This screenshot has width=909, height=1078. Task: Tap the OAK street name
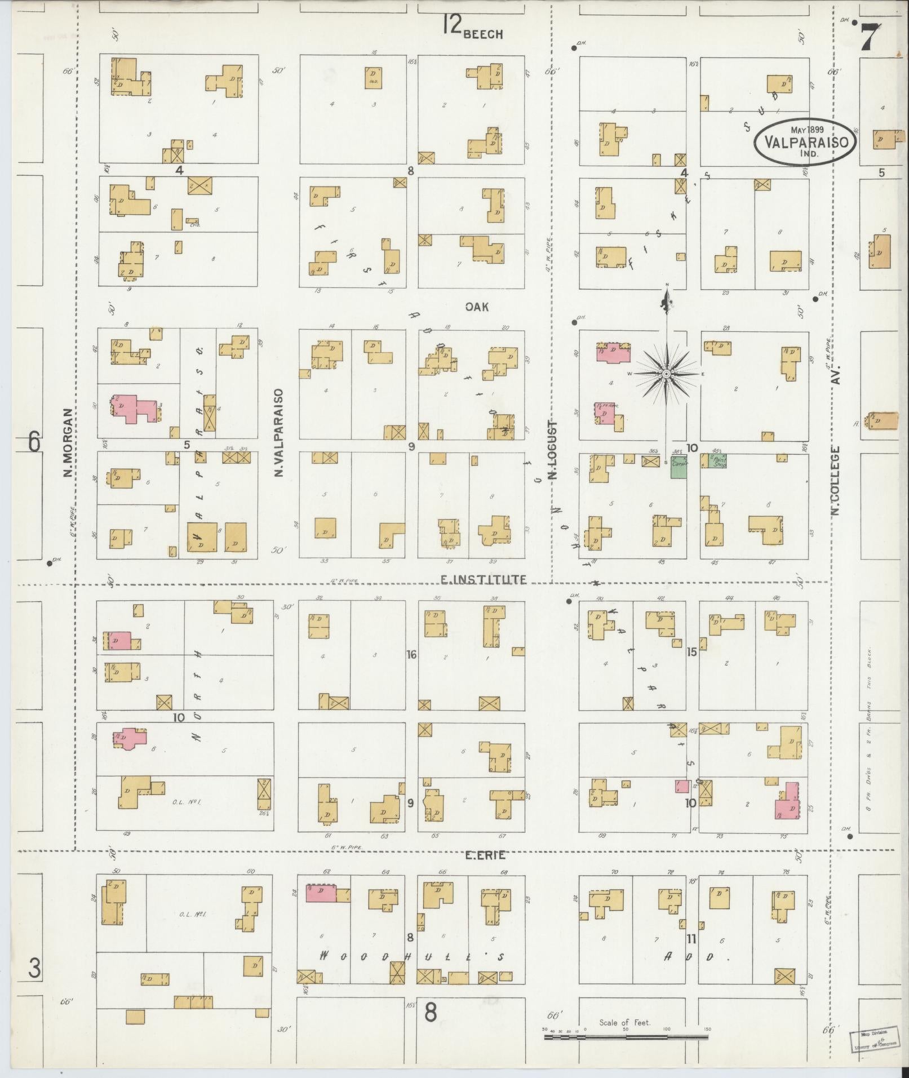[x=477, y=307]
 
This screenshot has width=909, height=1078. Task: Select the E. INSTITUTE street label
[x=484, y=579]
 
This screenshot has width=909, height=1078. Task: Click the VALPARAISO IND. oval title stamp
[x=806, y=141]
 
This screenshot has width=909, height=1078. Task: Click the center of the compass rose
[x=666, y=374]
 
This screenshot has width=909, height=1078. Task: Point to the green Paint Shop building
[x=717, y=461]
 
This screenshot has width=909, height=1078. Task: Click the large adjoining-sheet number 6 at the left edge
[x=34, y=441]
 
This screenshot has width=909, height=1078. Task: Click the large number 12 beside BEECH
[x=451, y=25]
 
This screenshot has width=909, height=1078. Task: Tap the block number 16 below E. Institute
[x=412, y=655]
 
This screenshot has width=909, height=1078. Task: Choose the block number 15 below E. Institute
[x=692, y=652]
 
